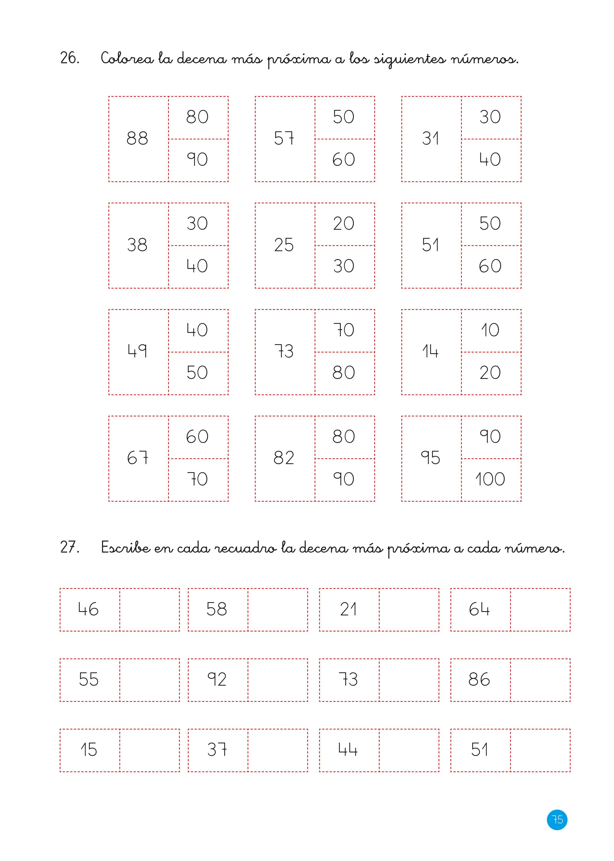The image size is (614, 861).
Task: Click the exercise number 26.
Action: tap(70, 58)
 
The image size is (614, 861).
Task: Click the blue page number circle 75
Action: tap(557, 820)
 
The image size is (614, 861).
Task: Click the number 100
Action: tap(490, 479)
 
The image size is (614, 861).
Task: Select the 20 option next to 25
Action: tap(344, 224)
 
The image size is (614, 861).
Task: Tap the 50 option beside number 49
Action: tap(197, 373)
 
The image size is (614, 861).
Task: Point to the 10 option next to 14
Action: tap(490, 330)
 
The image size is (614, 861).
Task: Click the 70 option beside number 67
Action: tap(197, 479)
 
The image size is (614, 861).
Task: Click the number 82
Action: tap(284, 458)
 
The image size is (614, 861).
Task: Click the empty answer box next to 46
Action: tap(150, 610)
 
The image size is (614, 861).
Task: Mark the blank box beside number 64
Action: tap(540, 610)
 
